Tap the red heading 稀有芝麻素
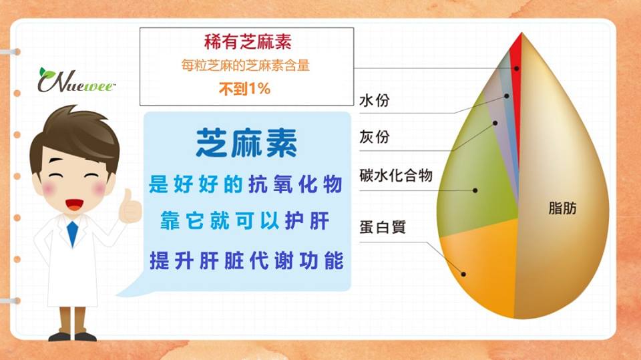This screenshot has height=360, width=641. click(248, 42)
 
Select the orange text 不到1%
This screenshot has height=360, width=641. click(244, 88)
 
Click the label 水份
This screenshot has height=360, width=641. click(374, 100)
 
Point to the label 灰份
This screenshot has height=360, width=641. click(374, 137)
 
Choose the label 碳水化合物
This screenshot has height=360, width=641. click(396, 175)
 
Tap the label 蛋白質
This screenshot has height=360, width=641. click(382, 226)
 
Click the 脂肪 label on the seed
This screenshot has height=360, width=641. click(562, 208)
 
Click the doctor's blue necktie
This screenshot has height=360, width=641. click(72, 234)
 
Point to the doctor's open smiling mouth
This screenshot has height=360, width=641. click(74, 204)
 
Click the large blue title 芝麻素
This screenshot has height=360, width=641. click(246, 143)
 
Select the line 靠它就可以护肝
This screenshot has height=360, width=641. click(244, 221)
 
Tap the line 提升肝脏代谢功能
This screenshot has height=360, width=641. click(246, 260)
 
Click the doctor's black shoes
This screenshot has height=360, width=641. click(72, 337)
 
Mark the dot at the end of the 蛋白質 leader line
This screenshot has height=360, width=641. click(463, 274)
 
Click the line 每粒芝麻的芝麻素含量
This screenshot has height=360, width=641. click(245, 65)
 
